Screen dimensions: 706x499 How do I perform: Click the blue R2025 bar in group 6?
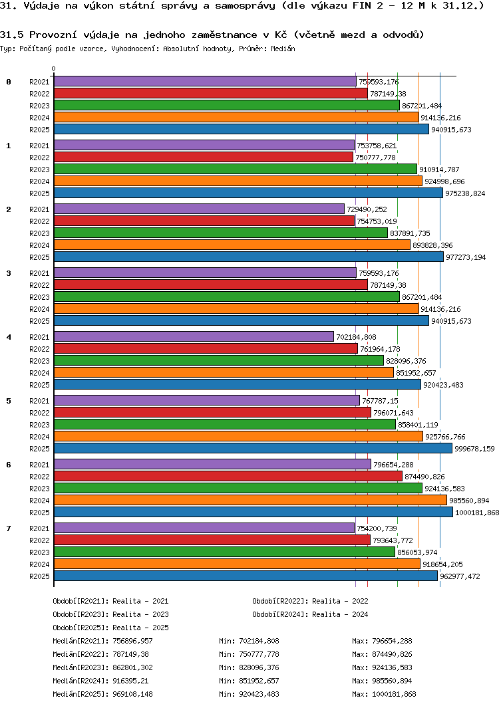pos(253,512)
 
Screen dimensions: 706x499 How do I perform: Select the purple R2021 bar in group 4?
pos(194,336)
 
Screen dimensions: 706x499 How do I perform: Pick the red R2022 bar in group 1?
pos(203,157)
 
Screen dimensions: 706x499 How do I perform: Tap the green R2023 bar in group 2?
pos(220,233)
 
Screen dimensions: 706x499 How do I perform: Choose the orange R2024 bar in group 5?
pos(238,436)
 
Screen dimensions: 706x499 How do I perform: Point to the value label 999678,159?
pos(474,449)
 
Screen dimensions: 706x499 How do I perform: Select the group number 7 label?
pos(9,529)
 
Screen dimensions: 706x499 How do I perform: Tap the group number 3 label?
pos(9,273)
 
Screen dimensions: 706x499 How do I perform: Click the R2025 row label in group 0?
pos(39,130)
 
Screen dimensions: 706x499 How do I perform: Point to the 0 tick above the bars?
pos(54,68)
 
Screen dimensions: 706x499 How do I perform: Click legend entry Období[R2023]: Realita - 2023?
pos(110,614)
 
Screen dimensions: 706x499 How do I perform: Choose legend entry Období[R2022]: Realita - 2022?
pos(310,601)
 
